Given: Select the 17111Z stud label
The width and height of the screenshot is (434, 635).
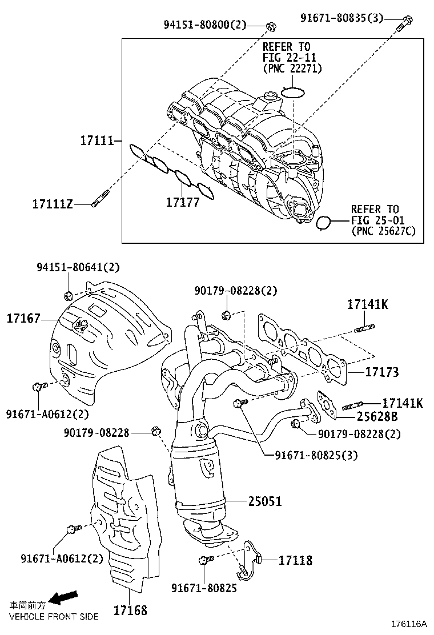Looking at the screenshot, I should [x=53, y=204].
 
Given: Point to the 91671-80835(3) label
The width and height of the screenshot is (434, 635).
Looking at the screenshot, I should [x=342, y=18].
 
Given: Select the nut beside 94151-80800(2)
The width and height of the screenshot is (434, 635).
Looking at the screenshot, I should [x=271, y=26].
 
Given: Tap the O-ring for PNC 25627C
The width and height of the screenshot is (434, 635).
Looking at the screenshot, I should [x=324, y=223].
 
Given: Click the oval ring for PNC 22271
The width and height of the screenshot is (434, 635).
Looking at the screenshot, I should [x=294, y=92].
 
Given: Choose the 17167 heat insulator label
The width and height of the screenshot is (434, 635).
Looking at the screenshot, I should [x=23, y=318].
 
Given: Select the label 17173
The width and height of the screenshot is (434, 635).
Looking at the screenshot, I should [x=382, y=372].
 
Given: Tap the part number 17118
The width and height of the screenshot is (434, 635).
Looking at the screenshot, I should [x=295, y=560].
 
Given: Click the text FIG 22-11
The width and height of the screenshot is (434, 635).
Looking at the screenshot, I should [x=289, y=57].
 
